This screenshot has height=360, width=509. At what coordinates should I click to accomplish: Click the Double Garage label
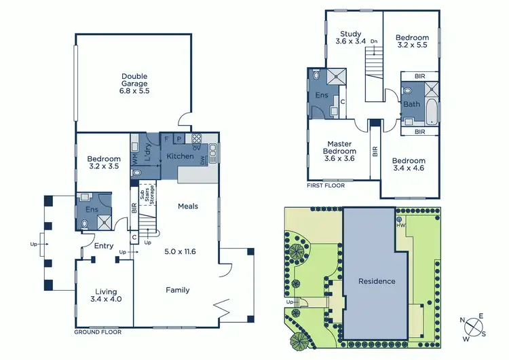pyautogui.click(x=134, y=83)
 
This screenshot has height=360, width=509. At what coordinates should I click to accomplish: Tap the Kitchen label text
pyautogui.click(x=180, y=157)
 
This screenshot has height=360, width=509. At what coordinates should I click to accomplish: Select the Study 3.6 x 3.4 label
pyautogui.click(x=351, y=37)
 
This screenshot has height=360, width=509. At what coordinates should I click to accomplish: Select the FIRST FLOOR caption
pyautogui.click(x=326, y=185)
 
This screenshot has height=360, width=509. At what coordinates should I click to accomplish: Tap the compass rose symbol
pyautogui.click(x=474, y=328)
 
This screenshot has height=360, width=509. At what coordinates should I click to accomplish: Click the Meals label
pyautogui.click(x=187, y=206)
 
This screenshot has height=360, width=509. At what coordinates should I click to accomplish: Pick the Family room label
pyautogui.click(x=178, y=290)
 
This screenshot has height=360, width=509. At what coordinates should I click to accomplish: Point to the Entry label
pyautogui.click(x=105, y=246)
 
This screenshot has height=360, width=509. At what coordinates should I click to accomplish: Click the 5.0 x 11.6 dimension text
pyautogui.click(x=179, y=251)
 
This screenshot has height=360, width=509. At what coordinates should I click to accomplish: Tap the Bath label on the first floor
pyautogui.click(x=411, y=104)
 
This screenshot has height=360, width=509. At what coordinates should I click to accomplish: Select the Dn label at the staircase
pyautogui.click(x=373, y=41)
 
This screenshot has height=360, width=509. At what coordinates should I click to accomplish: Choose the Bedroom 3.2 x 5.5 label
pyautogui.click(x=412, y=41)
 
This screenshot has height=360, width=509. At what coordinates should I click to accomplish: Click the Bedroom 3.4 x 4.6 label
pyautogui.click(x=408, y=164)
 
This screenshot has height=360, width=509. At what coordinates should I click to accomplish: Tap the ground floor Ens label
pyautogui.click(x=91, y=210)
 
